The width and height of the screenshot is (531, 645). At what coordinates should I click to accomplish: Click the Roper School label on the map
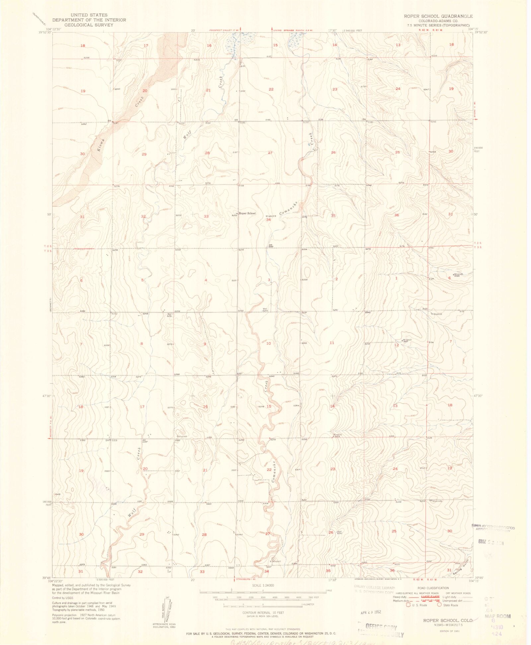click(247, 213)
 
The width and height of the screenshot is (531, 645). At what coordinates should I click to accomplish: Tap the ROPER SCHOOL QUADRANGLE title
click(438, 16)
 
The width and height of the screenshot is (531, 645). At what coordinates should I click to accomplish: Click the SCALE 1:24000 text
click(263, 585)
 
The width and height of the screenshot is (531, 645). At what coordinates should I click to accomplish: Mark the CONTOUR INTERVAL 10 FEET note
click(263, 612)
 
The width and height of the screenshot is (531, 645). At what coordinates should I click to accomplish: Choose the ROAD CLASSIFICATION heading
click(433, 588)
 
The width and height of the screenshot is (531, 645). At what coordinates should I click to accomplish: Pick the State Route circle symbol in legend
click(439, 605)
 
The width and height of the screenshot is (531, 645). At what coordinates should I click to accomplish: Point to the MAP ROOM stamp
click(498, 616)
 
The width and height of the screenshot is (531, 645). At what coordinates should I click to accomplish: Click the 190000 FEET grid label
click(478, 149)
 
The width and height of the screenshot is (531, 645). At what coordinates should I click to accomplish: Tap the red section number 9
click(205, 344)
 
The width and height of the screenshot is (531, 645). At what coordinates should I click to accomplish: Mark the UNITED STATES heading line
click(89, 15)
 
